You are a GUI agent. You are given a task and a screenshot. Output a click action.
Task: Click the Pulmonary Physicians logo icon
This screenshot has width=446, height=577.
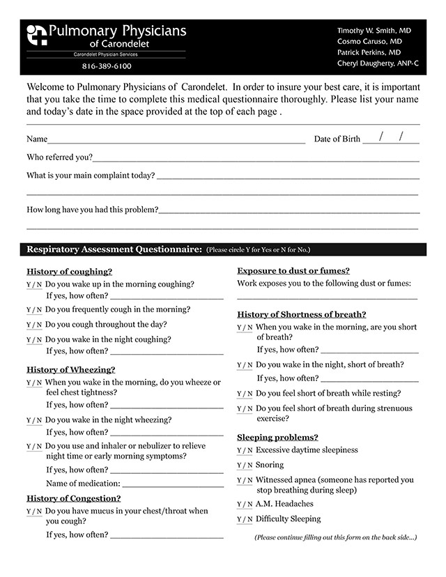click(36, 35)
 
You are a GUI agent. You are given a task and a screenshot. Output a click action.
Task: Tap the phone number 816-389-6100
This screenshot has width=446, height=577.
click(107, 66)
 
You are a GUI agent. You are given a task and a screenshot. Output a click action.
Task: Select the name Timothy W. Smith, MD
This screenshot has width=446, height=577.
click(374, 31)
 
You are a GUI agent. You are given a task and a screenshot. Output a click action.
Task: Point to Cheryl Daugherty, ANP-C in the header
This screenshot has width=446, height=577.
click(377, 63)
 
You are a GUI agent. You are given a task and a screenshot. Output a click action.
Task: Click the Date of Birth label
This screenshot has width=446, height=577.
click(337, 139)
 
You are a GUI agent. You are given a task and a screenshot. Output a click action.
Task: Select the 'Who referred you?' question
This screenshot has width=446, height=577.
click(59, 157)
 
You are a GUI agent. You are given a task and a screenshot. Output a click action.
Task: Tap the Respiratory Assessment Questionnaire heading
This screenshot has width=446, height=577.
click(114, 249)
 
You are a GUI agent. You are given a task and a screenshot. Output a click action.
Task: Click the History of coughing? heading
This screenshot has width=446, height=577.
click(69, 272)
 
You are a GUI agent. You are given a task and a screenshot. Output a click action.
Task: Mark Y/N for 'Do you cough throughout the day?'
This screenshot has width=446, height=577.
click(34, 325)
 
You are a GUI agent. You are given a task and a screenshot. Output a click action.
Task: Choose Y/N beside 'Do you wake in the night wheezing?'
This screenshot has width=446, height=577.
click(34, 421)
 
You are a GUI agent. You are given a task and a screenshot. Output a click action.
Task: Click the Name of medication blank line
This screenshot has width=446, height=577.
click(173, 483)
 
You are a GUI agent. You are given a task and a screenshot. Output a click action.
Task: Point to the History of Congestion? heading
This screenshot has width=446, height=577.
click(74, 498)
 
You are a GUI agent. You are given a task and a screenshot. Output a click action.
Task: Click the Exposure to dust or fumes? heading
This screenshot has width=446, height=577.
click(293, 271)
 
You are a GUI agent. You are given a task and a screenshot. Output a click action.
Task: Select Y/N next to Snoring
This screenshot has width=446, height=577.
click(245, 466)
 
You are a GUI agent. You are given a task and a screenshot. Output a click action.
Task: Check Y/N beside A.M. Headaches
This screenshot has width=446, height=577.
click(245, 505)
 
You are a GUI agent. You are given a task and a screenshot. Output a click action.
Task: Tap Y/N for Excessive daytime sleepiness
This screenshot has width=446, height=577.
click(245, 451)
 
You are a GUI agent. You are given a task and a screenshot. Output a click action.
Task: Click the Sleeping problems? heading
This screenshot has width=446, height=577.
click(277, 437)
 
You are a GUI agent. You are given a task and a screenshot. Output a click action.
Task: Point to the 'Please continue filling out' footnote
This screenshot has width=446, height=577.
click(335, 537)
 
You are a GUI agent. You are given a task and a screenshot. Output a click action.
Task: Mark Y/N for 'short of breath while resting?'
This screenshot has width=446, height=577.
click(245, 394)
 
